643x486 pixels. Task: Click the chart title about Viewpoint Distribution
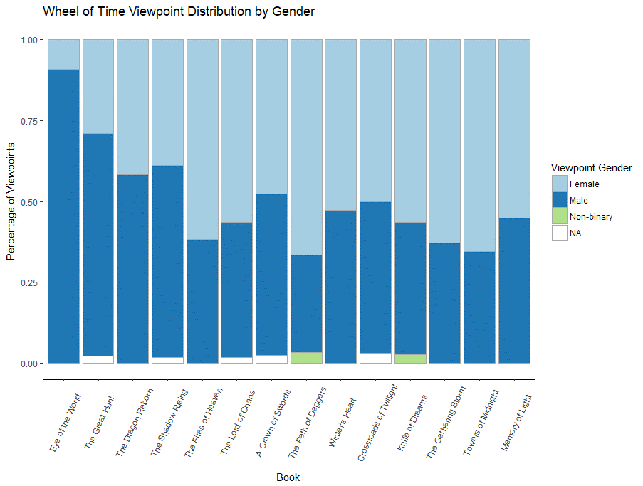(178, 11)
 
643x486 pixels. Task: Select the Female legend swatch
(560, 184)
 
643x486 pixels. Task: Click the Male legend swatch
(560, 201)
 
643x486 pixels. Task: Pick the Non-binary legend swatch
(560, 217)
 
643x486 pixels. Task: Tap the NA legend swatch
(560, 233)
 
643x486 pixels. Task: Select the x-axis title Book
(288, 477)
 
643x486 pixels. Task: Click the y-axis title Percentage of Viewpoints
(11, 202)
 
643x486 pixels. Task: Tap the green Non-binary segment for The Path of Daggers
(306, 357)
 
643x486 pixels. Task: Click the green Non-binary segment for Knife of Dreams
(410, 359)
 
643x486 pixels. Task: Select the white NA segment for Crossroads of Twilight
(375, 358)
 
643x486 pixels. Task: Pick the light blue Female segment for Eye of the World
(63, 54)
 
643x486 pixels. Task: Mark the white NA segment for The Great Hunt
(98, 359)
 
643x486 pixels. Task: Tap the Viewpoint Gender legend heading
(591, 168)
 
